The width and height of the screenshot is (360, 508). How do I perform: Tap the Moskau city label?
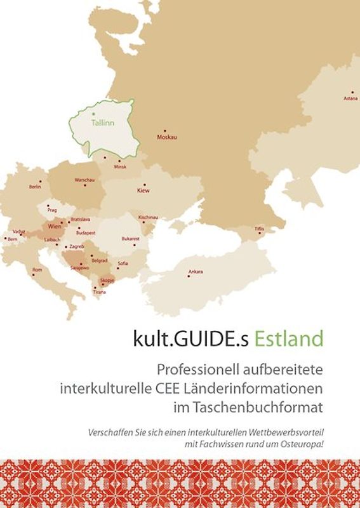[166, 137]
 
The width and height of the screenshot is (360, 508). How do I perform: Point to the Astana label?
[350, 98]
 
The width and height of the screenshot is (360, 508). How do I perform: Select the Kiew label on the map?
[143, 190]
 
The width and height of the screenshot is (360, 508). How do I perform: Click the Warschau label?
[84, 180]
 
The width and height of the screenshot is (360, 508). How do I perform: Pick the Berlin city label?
[35, 187]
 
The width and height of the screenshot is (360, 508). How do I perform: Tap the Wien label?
[55, 226]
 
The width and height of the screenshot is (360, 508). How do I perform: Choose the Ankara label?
[196, 272]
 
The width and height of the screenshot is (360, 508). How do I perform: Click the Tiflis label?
[259, 228]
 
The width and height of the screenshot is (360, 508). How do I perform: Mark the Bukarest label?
[130, 238]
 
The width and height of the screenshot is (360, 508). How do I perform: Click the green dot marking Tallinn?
[90, 112]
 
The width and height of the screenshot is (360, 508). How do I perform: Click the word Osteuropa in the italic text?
[301, 442]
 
